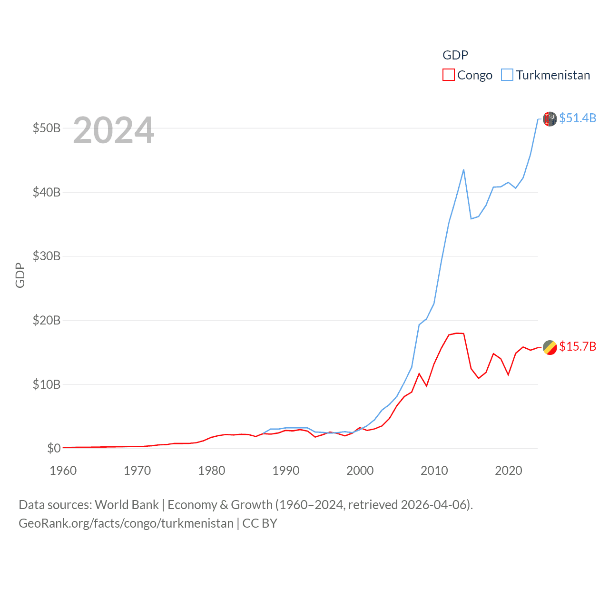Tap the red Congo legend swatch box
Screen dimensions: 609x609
point(449,75)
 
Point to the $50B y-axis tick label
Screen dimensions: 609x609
point(47,128)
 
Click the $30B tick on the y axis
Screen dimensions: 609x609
point(47,256)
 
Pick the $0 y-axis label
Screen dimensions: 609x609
point(54,448)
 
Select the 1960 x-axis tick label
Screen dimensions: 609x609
point(63,471)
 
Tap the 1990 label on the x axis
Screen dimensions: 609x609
point(286,471)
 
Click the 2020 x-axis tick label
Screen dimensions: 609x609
point(509,471)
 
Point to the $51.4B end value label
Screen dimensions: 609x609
point(578,118)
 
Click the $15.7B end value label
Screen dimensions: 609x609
point(578,346)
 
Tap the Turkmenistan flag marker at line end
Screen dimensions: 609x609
point(550,119)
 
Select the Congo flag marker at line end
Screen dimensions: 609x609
point(550,348)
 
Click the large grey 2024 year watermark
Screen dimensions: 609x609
point(114,130)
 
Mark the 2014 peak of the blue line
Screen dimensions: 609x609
point(463,170)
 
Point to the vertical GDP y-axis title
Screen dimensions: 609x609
point(20,275)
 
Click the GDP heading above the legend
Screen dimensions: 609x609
point(455,55)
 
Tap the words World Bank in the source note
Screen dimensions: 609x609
point(127,504)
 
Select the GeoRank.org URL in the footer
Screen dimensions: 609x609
point(126,523)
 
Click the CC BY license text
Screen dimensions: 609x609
point(260,523)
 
